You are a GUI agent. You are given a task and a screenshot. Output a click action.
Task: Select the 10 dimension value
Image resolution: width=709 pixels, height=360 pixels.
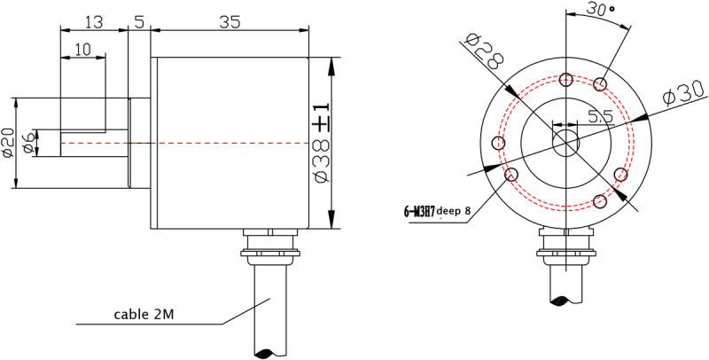pyautogui.click(x=82, y=50)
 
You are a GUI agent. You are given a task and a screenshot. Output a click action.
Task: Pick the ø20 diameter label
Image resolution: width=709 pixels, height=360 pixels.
pyautogui.click(x=8, y=143)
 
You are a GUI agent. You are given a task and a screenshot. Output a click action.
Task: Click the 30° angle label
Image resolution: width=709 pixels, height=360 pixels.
pyautogui.click(x=602, y=11)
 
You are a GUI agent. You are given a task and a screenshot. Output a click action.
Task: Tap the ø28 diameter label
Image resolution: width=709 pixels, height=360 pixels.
pyautogui.click(x=483, y=52)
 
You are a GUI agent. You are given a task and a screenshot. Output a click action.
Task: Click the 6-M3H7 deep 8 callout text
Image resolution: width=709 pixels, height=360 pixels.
pyautogui.click(x=437, y=211)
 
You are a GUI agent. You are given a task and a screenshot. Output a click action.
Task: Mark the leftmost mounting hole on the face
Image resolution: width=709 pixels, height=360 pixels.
pyautogui.click(x=500, y=144)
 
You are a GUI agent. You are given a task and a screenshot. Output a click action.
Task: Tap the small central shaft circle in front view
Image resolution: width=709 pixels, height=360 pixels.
pyautogui.click(x=565, y=142)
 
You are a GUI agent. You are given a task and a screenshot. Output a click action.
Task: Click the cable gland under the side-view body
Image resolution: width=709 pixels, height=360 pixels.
pyautogui.click(x=270, y=247)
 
